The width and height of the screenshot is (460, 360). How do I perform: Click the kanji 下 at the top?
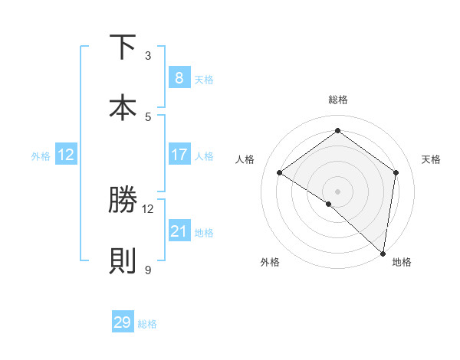coord(123,47)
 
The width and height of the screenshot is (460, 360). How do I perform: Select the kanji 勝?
coord(123,201)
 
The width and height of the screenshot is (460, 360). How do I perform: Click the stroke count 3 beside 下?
coord(148,56)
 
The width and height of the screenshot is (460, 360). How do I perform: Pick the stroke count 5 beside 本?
coord(148,116)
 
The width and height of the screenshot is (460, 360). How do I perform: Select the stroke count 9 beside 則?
coord(148,270)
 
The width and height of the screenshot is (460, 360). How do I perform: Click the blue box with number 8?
coord(179,77)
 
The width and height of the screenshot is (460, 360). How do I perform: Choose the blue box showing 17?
coord(179,155)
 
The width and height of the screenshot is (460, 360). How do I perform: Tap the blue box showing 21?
coord(179,231)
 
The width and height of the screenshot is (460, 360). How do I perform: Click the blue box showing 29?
coord(122,322)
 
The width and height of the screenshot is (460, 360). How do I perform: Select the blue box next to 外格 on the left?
coord(65,155)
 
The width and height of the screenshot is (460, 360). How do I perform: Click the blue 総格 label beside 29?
coord(148,324)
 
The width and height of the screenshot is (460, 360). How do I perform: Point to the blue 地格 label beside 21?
coord(205,233)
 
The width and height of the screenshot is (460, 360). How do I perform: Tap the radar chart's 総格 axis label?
coord(337,100)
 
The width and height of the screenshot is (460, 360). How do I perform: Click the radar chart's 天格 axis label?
coord(431,159)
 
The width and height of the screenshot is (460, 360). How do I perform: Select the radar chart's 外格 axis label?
coord(270,262)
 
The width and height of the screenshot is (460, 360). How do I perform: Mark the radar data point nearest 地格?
coord(383,252)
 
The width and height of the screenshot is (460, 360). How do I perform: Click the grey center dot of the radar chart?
coord(337,191)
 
